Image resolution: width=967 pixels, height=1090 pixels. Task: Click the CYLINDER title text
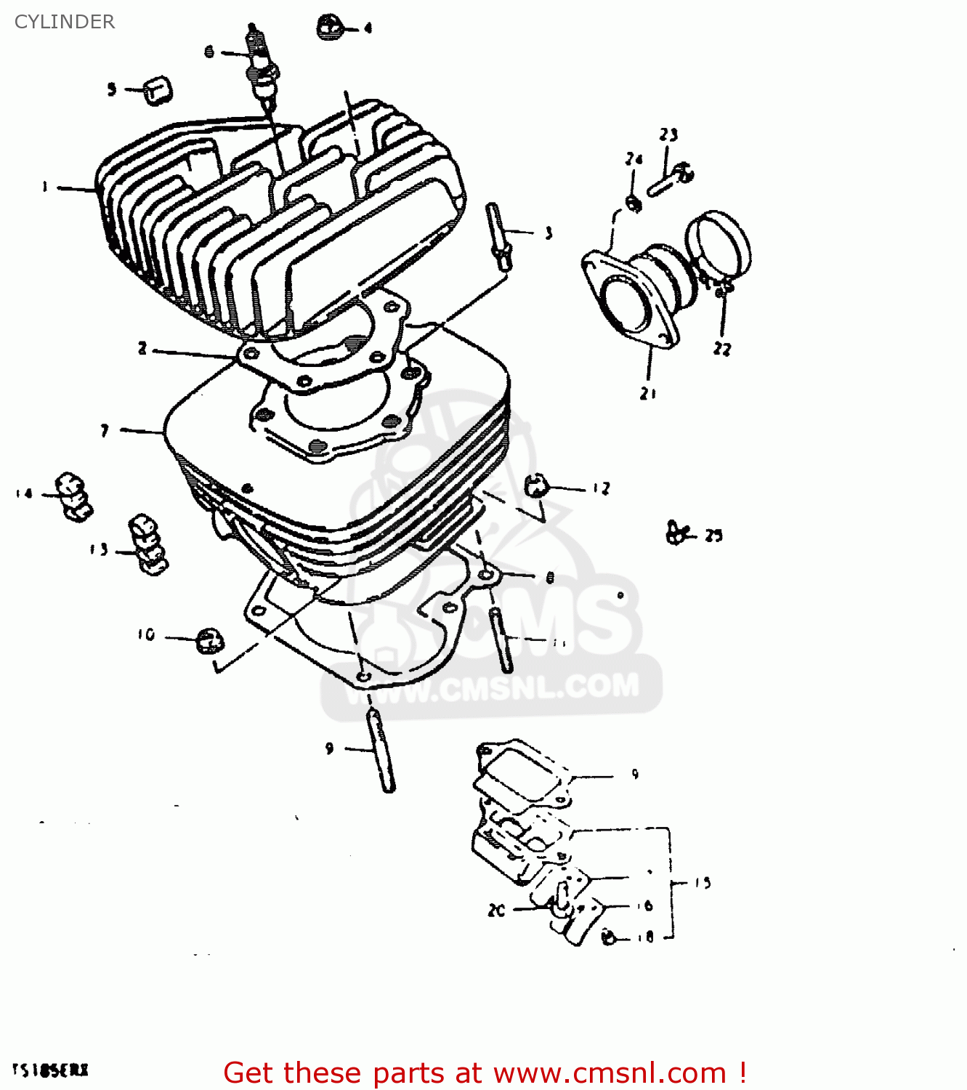tap(64, 22)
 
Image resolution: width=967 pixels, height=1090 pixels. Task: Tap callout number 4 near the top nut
tap(368, 28)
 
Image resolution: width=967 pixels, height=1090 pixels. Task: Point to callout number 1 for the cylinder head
tap(45, 187)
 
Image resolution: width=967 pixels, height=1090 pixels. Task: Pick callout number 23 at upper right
tap(668, 134)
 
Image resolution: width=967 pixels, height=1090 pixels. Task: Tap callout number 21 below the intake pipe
tap(648, 393)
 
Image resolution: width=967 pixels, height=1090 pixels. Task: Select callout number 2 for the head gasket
tap(142, 349)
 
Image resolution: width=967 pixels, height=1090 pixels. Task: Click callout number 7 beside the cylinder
tap(105, 431)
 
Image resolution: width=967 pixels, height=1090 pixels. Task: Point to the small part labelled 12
tap(535, 485)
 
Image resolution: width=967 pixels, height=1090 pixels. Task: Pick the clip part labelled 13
tap(148, 545)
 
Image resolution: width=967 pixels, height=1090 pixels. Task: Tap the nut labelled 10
tap(210, 641)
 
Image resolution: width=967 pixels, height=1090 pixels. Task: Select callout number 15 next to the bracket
tap(702, 883)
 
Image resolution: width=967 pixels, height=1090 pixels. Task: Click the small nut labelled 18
tap(610, 937)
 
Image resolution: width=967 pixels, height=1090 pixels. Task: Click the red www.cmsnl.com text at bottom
tap(610, 1073)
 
